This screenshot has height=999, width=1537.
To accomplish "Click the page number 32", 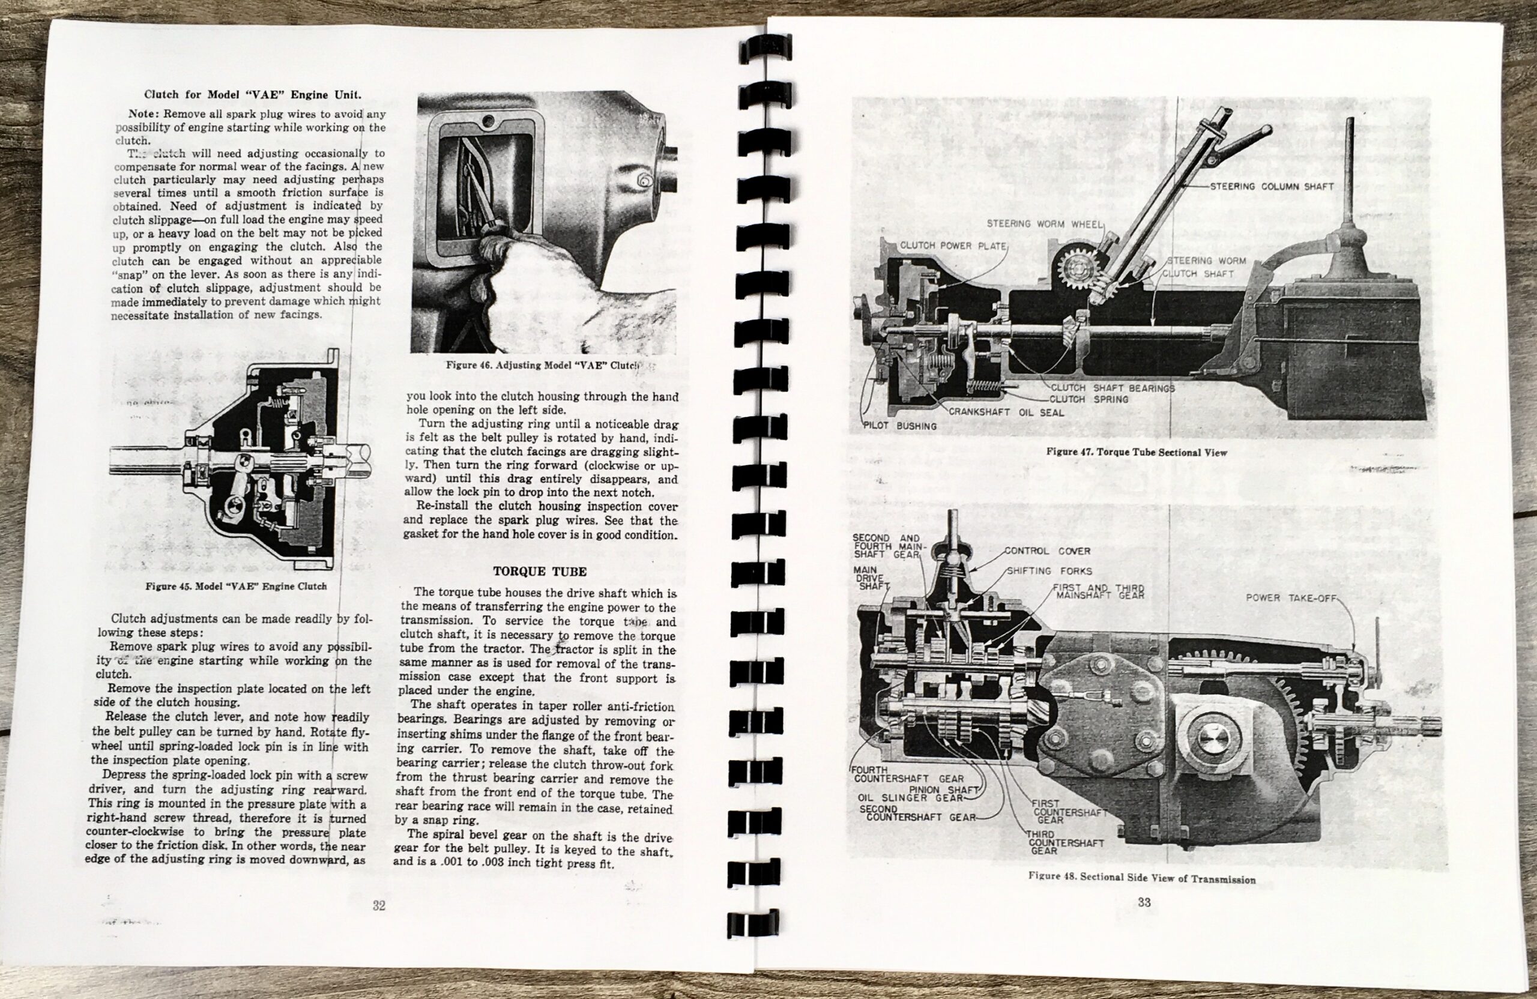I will (x=379, y=905).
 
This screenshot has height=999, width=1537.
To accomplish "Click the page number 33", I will (x=1144, y=902).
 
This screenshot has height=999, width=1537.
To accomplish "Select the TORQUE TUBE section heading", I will (x=540, y=572).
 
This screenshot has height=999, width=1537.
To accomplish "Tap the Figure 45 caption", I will (x=236, y=587).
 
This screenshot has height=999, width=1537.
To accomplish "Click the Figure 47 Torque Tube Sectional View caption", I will (x=1136, y=452).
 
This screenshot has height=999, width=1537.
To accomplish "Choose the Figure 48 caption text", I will (x=1141, y=879).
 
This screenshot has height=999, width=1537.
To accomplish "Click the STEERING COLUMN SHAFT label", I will (x=1272, y=187).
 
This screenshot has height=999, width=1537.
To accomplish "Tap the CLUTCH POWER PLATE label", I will (x=953, y=246).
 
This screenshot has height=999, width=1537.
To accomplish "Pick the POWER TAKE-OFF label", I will (x=1289, y=598).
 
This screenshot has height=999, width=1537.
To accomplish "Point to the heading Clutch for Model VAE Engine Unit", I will (x=253, y=95).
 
